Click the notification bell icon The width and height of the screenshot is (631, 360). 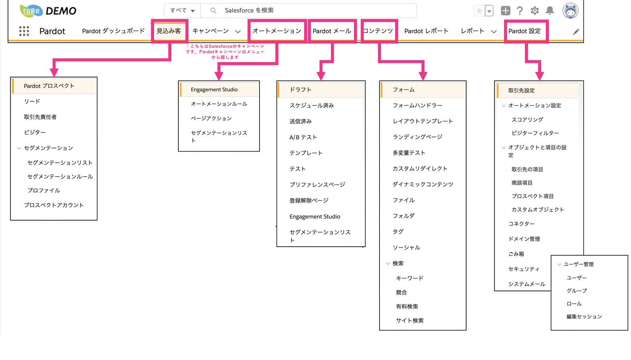pos(550,11)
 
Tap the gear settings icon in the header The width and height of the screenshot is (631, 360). pos(534,11)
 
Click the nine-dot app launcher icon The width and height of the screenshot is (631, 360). pos(24,31)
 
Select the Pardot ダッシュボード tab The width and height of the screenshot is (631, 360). pos(113,31)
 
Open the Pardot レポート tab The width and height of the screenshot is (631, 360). pos(426,31)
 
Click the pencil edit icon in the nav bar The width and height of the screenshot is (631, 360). pos(576,32)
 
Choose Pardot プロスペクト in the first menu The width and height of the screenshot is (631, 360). pos(49,86)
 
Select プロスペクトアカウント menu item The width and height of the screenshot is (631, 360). pos(54,205)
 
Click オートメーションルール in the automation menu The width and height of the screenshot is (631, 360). pos(219,104)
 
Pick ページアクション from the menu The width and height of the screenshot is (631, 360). pos(211,118)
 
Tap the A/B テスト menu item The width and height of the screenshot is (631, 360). pos(303,137)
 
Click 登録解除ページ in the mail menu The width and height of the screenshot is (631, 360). pos(309,201)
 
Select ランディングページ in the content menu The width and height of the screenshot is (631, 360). pos(417,137)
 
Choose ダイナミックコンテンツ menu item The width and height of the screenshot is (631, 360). pos(423,184)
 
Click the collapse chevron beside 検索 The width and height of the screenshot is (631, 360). pos(388,264)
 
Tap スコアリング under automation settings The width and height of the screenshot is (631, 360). pos(527,119)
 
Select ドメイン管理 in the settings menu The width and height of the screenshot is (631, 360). pos(524,239)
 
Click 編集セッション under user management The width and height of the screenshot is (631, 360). pos(584,316)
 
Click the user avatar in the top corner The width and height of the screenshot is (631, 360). pos(570,11)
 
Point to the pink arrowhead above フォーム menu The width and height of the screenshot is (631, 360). pos(423,76)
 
